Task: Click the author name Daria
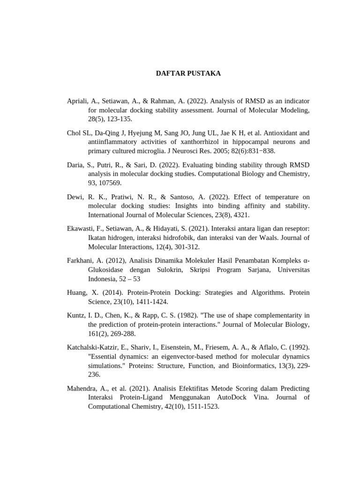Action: pos(76,165)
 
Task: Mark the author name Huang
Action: pos(77,292)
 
